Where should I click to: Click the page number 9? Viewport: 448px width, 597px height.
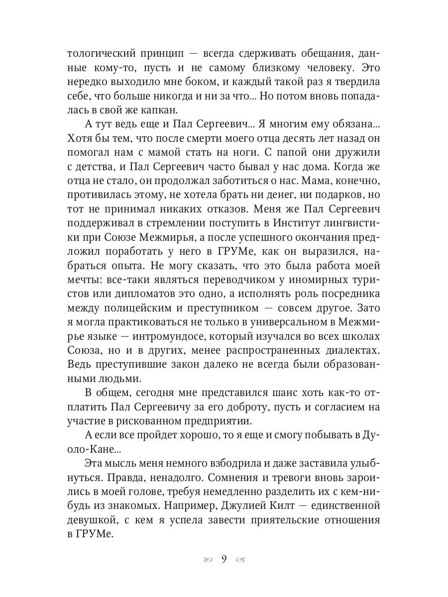(224, 559)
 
